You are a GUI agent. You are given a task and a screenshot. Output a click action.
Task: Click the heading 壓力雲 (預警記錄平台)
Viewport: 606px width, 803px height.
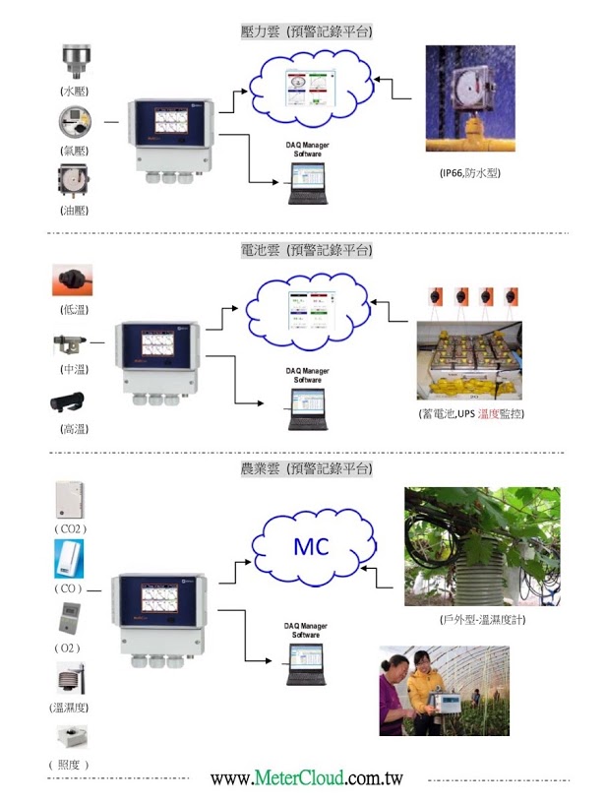tap(306, 31)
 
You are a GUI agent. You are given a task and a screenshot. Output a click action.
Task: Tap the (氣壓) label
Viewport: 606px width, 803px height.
tap(75, 150)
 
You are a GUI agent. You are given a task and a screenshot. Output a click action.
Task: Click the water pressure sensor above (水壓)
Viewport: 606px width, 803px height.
tap(75, 61)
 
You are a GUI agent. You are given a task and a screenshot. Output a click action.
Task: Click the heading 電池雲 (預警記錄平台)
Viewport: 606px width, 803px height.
tap(306, 250)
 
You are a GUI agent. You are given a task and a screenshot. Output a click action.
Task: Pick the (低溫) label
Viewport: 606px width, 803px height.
tap(75, 309)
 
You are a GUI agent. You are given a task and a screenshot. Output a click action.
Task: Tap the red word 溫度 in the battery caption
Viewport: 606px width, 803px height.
tap(491, 414)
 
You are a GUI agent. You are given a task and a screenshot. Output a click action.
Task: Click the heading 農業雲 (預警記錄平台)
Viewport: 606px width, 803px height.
tap(306, 467)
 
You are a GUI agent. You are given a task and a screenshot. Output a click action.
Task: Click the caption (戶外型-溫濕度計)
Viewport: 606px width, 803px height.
tap(481, 621)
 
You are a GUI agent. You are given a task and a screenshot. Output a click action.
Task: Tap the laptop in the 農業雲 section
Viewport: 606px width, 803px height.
tap(306, 669)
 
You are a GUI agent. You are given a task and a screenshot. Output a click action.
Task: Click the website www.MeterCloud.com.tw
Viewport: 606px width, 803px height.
tap(307, 778)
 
